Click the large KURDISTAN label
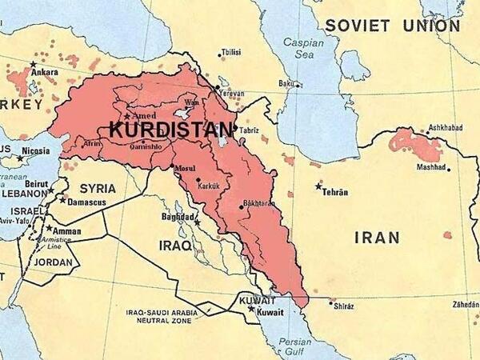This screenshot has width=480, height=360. [x=171, y=129]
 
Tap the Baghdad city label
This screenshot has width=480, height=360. [x=177, y=216]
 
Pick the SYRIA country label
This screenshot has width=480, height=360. [x=97, y=189]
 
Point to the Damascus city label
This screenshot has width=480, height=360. [x=86, y=202]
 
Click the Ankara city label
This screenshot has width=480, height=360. [x=46, y=71]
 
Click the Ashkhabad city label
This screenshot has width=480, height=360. [x=446, y=128]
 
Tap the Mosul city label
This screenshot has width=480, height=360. [x=184, y=170]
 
